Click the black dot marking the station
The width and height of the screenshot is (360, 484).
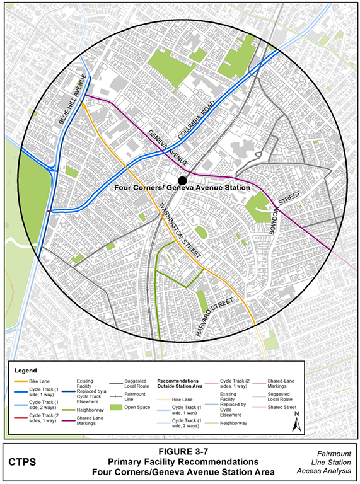182,180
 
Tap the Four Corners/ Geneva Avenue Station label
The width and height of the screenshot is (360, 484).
183,188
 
